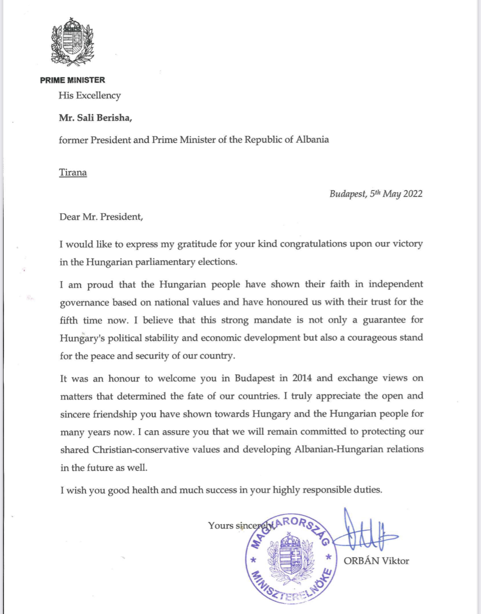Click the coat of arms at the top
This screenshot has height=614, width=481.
(x=72, y=41)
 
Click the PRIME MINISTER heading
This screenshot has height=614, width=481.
(x=72, y=80)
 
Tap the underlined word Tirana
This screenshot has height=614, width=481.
(x=73, y=172)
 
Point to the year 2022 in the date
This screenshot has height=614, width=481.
(x=413, y=194)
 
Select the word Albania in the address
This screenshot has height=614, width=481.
(x=312, y=139)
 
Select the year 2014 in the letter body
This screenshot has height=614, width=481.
(x=302, y=378)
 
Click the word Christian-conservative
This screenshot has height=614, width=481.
(x=141, y=450)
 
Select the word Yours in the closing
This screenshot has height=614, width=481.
(x=221, y=525)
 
